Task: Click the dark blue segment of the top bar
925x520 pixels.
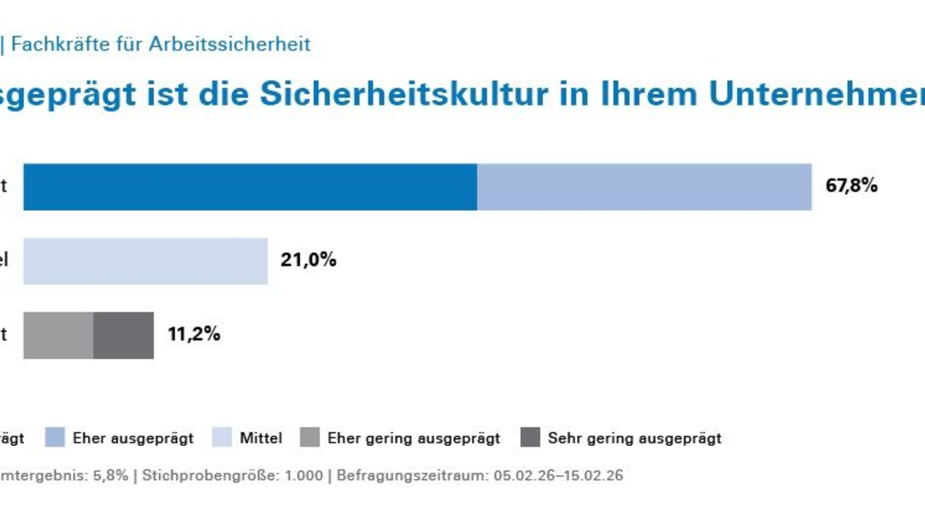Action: [250, 186]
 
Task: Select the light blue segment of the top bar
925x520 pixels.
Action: [644, 186]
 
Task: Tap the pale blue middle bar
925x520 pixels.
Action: [145, 261]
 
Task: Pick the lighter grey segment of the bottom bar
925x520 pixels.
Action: [59, 335]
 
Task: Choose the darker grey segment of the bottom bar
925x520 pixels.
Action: [123, 335]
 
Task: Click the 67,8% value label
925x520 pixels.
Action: [851, 186]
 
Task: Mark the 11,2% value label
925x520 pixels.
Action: [194, 334]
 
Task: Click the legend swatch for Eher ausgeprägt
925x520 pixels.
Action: [55, 438]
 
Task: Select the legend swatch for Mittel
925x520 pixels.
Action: [222, 438]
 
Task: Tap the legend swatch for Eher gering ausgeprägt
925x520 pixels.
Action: [310, 438]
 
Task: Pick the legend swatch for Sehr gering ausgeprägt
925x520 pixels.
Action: [530, 438]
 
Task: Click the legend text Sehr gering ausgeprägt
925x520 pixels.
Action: [634, 438]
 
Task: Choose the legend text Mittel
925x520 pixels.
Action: [261, 438]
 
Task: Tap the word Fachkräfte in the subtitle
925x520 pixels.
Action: [48, 44]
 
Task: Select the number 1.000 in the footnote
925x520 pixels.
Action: [304, 475]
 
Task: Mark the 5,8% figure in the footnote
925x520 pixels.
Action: [111, 475]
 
